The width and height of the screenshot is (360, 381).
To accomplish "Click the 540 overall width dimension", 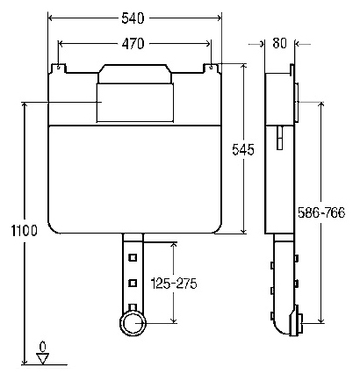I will (x=135, y=18).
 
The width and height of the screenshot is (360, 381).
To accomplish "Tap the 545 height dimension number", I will (x=243, y=150).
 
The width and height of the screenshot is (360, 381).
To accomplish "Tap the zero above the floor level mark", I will (x=41, y=344).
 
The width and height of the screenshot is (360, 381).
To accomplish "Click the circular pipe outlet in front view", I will (x=133, y=324).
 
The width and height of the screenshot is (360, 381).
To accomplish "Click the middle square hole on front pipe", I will (x=133, y=282).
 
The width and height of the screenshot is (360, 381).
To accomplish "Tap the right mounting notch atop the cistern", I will (x=211, y=66).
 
